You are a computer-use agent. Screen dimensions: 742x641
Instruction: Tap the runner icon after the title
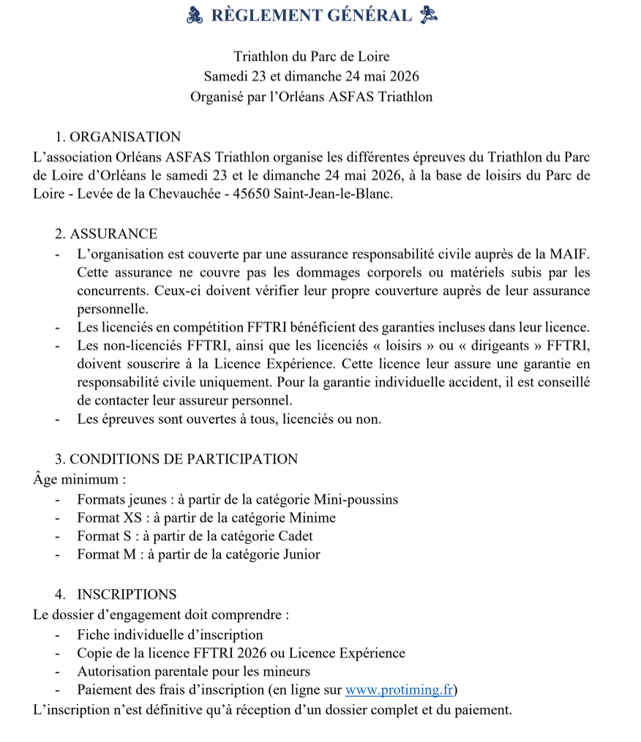click(429, 15)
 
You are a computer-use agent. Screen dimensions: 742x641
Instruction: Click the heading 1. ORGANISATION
click(117, 137)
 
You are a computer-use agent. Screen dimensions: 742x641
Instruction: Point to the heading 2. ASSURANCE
click(106, 234)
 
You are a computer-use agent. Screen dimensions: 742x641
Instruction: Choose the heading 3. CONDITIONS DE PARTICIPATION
click(176, 460)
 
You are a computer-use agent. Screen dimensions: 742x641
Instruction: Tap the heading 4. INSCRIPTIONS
click(116, 594)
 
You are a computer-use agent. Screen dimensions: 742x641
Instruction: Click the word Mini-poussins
click(356, 500)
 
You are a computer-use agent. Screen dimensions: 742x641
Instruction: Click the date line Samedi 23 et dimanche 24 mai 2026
click(312, 76)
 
